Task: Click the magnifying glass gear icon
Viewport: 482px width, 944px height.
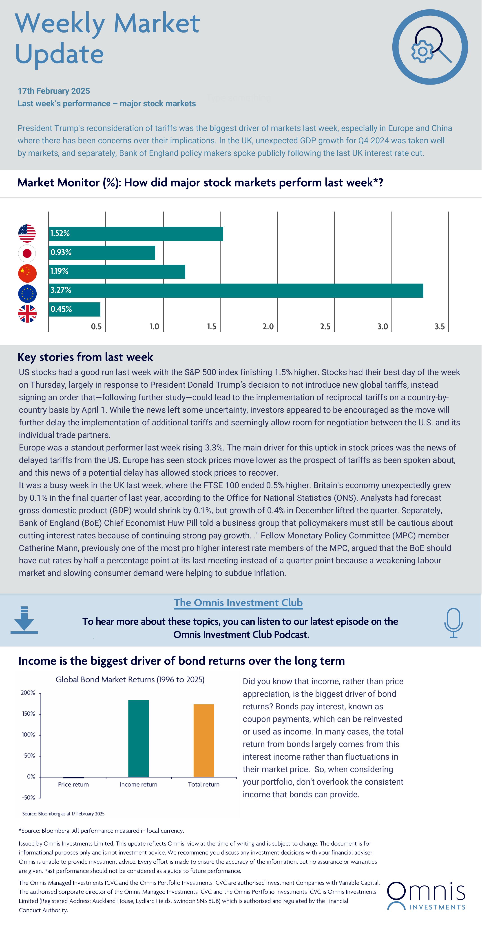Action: (x=430, y=47)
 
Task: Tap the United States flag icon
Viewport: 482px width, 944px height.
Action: (x=27, y=234)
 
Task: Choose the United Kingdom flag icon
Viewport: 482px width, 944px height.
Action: (x=27, y=314)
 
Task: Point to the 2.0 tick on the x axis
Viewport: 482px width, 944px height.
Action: (x=268, y=326)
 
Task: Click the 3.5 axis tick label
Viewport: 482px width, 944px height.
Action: (x=440, y=326)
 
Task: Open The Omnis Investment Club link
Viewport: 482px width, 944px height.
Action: (x=239, y=603)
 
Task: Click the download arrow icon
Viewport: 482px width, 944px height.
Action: (x=24, y=620)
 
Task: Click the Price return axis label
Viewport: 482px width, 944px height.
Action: (x=73, y=784)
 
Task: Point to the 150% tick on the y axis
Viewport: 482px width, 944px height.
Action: (x=28, y=714)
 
